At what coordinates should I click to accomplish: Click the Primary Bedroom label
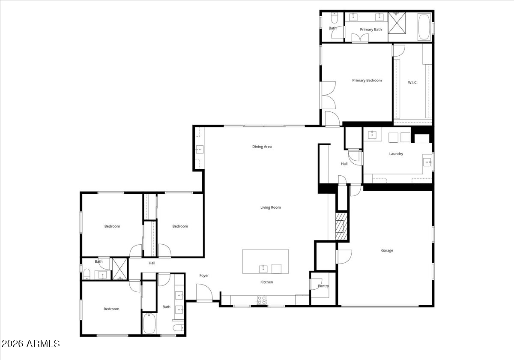(367, 81)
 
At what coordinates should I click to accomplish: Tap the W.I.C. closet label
(412, 82)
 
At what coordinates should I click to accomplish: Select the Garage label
(387, 251)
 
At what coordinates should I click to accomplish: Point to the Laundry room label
(396, 154)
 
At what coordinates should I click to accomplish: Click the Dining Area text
(262, 147)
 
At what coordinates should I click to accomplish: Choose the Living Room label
(271, 207)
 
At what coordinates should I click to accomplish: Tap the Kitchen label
(267, 282)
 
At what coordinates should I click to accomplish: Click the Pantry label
(323, 286)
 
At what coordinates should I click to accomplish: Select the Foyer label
(204, 275)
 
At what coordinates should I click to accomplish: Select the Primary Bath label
(371, 30)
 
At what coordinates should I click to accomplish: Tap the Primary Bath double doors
(359, 39)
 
